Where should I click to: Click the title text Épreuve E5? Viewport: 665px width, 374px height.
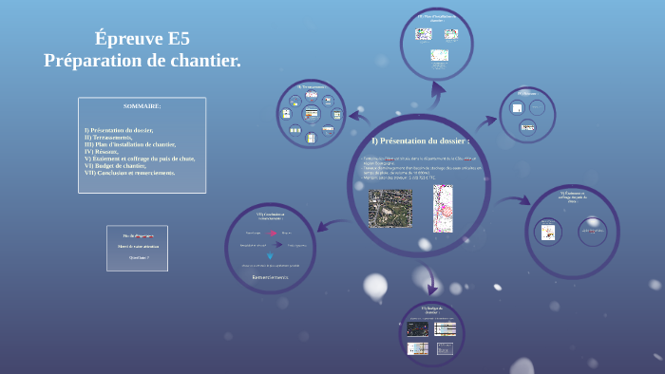click(x=142, y=39)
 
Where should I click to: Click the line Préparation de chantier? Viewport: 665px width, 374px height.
click(x=142, y=61)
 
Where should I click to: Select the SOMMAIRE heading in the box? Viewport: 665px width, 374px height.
click(x=142, y=106)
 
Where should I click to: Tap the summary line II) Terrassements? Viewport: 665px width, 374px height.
click(x=109, y=137)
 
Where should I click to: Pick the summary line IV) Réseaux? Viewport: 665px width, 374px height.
click(x=102, y=151)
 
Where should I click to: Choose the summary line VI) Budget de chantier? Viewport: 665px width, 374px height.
click(x=121, y=165)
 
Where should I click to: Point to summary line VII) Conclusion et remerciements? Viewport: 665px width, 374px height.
click(x=130, y=173)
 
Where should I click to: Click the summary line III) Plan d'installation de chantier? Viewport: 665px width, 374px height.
click(x=130, y=144)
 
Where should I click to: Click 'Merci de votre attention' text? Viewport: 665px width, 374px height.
click(x=138, y=246)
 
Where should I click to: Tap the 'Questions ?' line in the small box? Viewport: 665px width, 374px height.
click(x=138, y=256)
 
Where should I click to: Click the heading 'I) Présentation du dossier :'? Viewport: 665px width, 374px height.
click(x=420, y=140)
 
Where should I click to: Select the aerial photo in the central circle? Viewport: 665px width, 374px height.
click(x=389, y=208)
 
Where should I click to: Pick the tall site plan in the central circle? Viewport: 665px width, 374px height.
click(x=444, y=208)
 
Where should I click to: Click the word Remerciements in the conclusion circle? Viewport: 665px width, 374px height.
click(x=270, y=278)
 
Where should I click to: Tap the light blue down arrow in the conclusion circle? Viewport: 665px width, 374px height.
click(x=270, y=255)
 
